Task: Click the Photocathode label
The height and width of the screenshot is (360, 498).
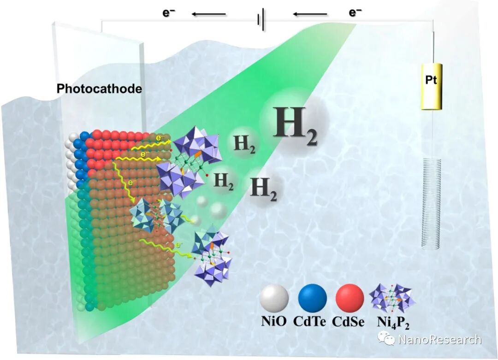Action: click(99, 89)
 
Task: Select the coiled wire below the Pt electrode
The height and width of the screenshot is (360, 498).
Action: click(431, 203)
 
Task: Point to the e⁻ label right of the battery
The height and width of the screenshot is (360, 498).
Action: click(355, 12)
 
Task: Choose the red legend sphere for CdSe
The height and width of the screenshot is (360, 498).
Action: click(350, 298)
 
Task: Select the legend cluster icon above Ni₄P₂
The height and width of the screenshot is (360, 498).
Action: click(392, 299)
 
